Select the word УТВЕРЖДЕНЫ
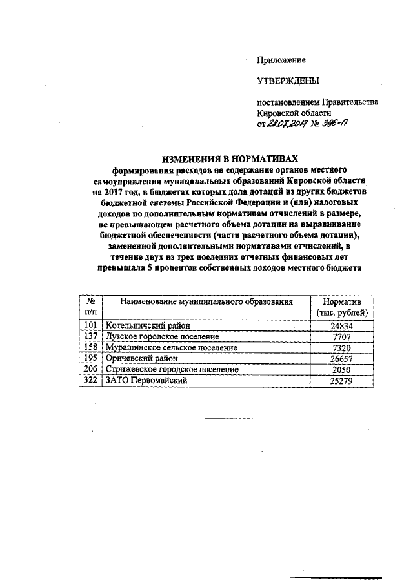click(288, 81)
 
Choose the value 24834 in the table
click(342, 326)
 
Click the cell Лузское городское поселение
click(162, 336)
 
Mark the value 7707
click(342, 337)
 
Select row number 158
click(90, 347)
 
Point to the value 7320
click(342, 348)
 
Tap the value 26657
click(342, 359)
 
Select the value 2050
click(342, 370)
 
